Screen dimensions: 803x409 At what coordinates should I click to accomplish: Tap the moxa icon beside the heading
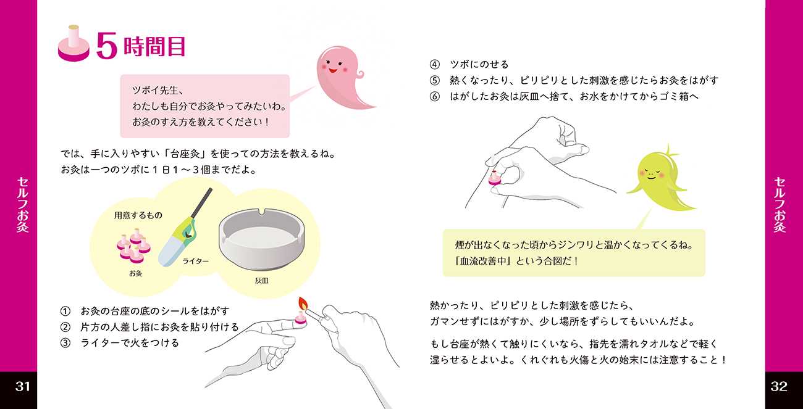74,43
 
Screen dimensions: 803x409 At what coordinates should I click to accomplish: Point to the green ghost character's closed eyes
650,170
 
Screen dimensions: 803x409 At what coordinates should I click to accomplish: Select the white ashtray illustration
262,240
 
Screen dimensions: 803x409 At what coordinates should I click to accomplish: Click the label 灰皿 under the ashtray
262,281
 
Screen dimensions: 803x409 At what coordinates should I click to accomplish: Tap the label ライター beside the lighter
195,262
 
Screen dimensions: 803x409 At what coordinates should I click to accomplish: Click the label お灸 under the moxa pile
135,273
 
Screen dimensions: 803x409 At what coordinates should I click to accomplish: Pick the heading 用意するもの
138,215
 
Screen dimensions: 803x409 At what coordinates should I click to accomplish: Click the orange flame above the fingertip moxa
303,304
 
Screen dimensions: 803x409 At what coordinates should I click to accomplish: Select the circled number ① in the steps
65,312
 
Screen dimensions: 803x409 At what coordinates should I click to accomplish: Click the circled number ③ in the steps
65,343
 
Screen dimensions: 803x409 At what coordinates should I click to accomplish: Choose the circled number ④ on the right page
434,65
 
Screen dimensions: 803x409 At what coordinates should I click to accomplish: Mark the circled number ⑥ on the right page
434,97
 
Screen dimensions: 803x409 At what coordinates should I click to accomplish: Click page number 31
22,386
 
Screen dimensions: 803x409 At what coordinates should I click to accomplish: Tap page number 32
779,386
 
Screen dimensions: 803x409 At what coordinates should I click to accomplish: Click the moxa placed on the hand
495,178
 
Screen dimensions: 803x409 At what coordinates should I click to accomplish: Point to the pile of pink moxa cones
133,246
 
